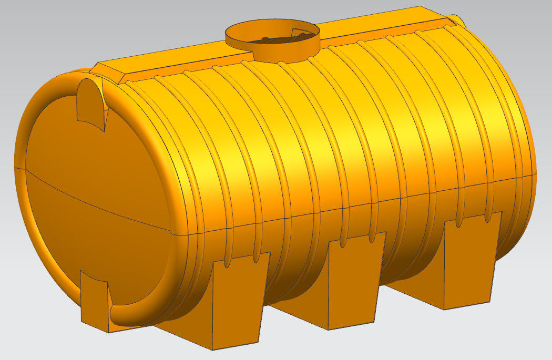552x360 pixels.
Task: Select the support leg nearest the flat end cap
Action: [x=237, y=300]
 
